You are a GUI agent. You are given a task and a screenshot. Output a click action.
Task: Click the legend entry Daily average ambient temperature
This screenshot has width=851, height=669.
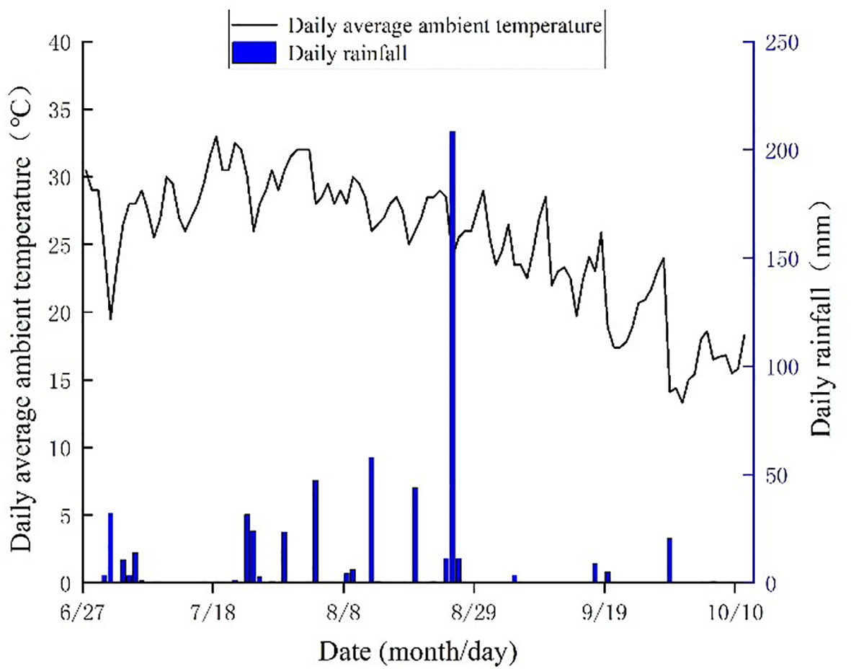(x=444, y=27)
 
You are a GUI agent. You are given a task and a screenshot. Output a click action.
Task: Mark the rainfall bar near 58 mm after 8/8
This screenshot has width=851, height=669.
(x=371, y=519)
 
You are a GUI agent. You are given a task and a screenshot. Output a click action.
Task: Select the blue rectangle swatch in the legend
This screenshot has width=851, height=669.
(x=254, y=53)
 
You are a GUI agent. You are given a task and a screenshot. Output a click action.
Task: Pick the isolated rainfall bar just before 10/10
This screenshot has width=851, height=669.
(x=669, y=559)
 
